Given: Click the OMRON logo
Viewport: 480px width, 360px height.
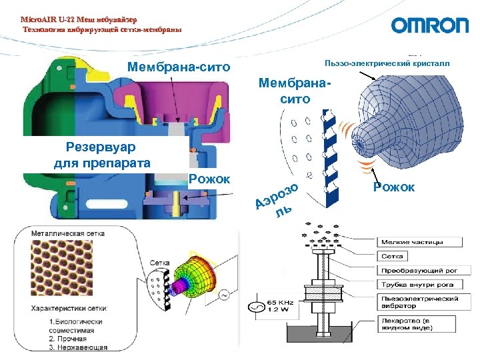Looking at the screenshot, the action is (429, 25).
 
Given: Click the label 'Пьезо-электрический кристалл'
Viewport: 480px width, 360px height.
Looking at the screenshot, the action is (386, 64).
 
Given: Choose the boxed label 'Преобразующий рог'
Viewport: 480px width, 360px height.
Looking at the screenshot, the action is (417, 271).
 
